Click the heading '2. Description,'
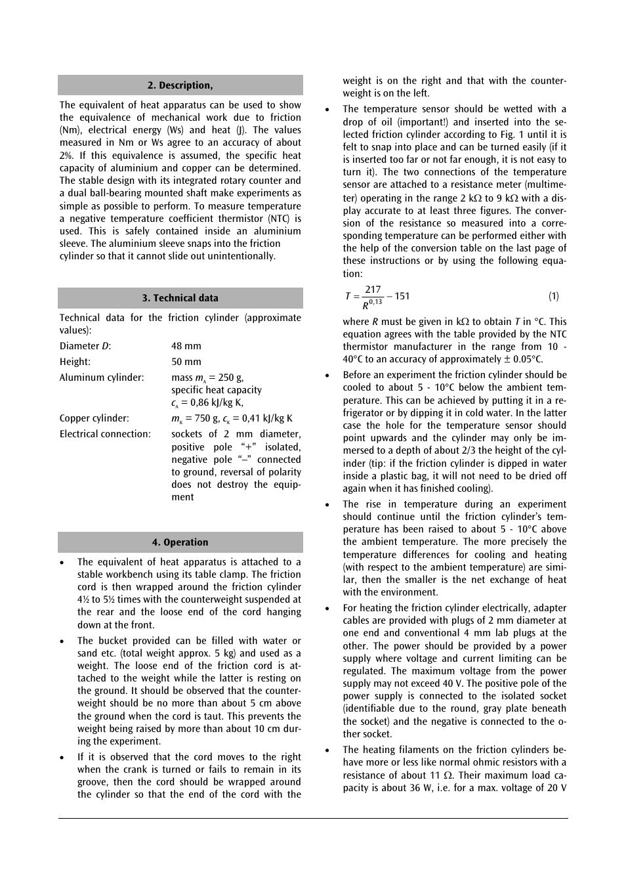click(x=180, y=85)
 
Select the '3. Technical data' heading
click(x=180, y=298)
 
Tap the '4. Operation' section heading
click(x=180, y=542)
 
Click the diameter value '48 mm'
click(x=186, y=346)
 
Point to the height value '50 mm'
click(x=186, y=362)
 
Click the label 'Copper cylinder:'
click(x=94, y=418)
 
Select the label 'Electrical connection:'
click(x=105, y=434)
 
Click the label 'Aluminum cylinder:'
click(x=102, y=378)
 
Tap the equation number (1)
click(x=554, y=296)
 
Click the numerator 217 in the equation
click(x=373, y=290)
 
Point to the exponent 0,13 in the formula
click(x=375, y=302)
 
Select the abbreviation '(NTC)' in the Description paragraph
click(x=278, y=219)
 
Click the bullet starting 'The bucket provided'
click(x=62, y=641)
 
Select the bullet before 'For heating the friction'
click(x=327, y=609)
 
